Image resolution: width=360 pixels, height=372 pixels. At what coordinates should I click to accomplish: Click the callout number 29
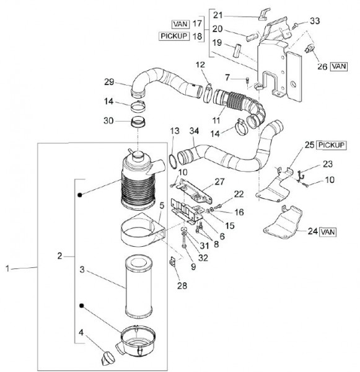click(109, 82)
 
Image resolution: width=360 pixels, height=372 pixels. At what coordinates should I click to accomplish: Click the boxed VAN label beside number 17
click(181, 24)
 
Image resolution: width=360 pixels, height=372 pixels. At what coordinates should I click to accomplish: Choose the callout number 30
click(108, 121)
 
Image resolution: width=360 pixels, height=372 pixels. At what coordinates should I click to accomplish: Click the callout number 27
click(219, 181)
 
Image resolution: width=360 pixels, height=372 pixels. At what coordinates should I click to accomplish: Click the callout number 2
click(59, 255)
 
